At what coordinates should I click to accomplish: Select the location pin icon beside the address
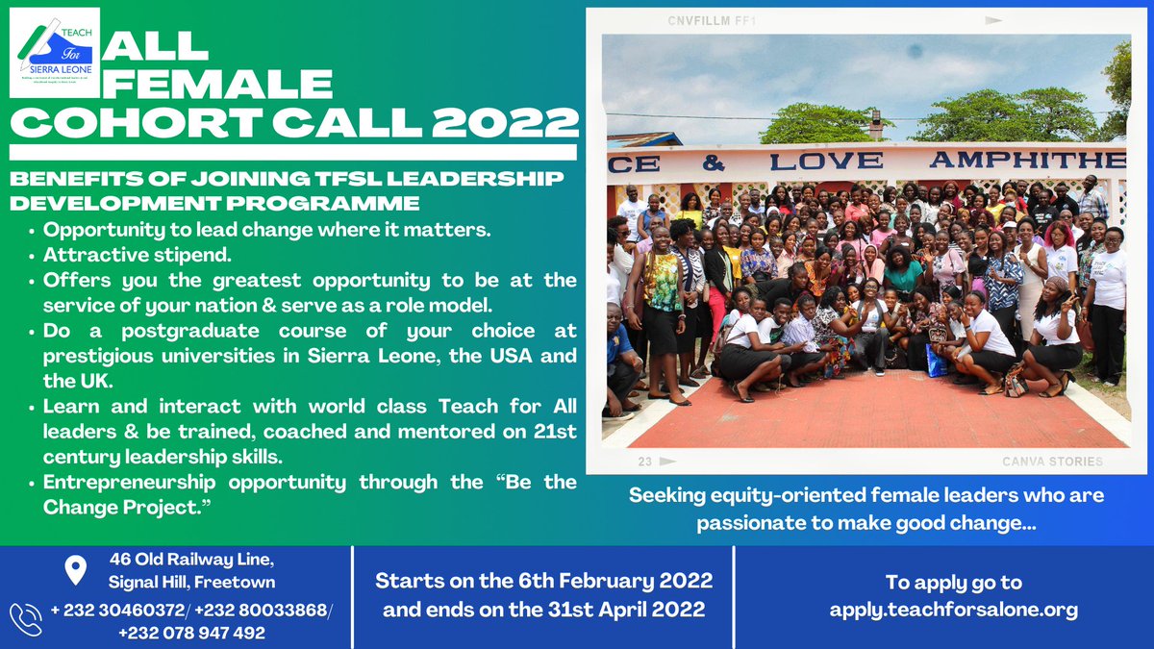[x=73, y=570]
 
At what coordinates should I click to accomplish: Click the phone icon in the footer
[x=26, y=616]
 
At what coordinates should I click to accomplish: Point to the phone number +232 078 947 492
[x=191, y=633]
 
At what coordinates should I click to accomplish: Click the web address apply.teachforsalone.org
[x=953, y=610]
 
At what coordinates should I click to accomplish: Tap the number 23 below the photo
[x=644, y=462]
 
